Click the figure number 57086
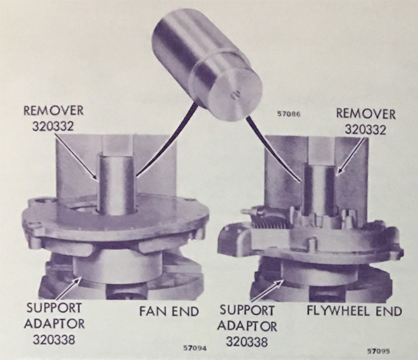pyautogui.click(x=289, y=115)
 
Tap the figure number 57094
pyautogui.click(x=195, y=348)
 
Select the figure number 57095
pyautogui.click(x=379, y=351)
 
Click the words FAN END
pyautogui.click(x=169, y=311)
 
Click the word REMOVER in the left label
pyautogui.click(x=54, y=111)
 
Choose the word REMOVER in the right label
pyautogui.click(x=365, y=114)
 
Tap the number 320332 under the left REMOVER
pyautogui.click(x=53, y=126)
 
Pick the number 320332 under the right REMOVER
pyautogui.click(x=365, y=130)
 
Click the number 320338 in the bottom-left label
pyautogui.click(x=54, y=339)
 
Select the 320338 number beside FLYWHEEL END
pyautogui.click(x=246, y=342)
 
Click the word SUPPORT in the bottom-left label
pyautogui.click(x=54, y=308)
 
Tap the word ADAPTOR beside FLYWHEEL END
pyautogui.click(x=247, y=326)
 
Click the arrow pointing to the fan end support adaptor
pyautogui.click(x=68, y=289)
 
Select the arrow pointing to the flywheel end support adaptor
pyautogui.click(x=268, y=291)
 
